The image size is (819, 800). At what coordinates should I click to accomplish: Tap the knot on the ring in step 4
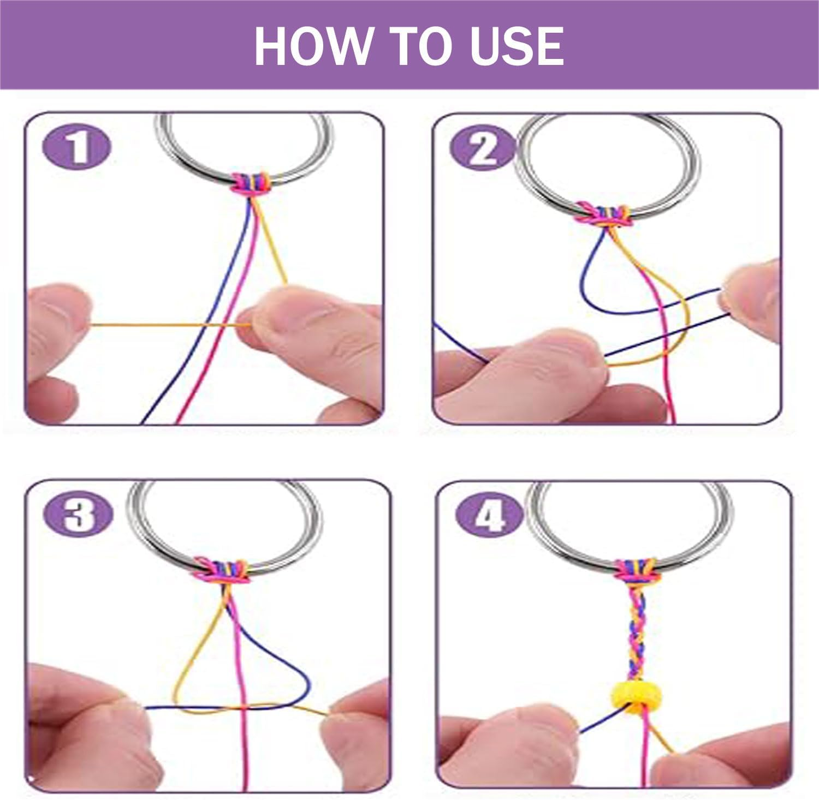pyautogui.click(x=637, y=571)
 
